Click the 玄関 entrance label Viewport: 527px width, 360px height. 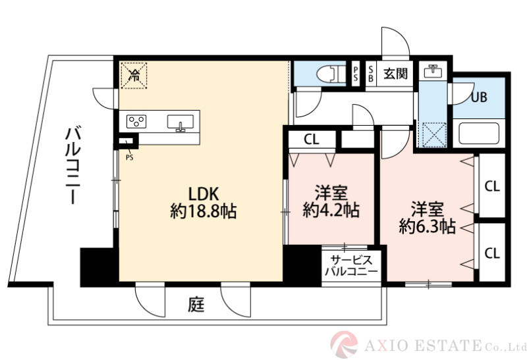point(396,73)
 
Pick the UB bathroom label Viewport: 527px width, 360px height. point(478,97)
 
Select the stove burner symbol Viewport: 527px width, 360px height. point(136,122)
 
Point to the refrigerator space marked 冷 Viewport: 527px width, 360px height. point(134,74)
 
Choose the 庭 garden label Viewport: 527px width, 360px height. point(195,305)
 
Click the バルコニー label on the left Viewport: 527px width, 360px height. point(72,168)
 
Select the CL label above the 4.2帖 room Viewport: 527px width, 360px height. point(312,140)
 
